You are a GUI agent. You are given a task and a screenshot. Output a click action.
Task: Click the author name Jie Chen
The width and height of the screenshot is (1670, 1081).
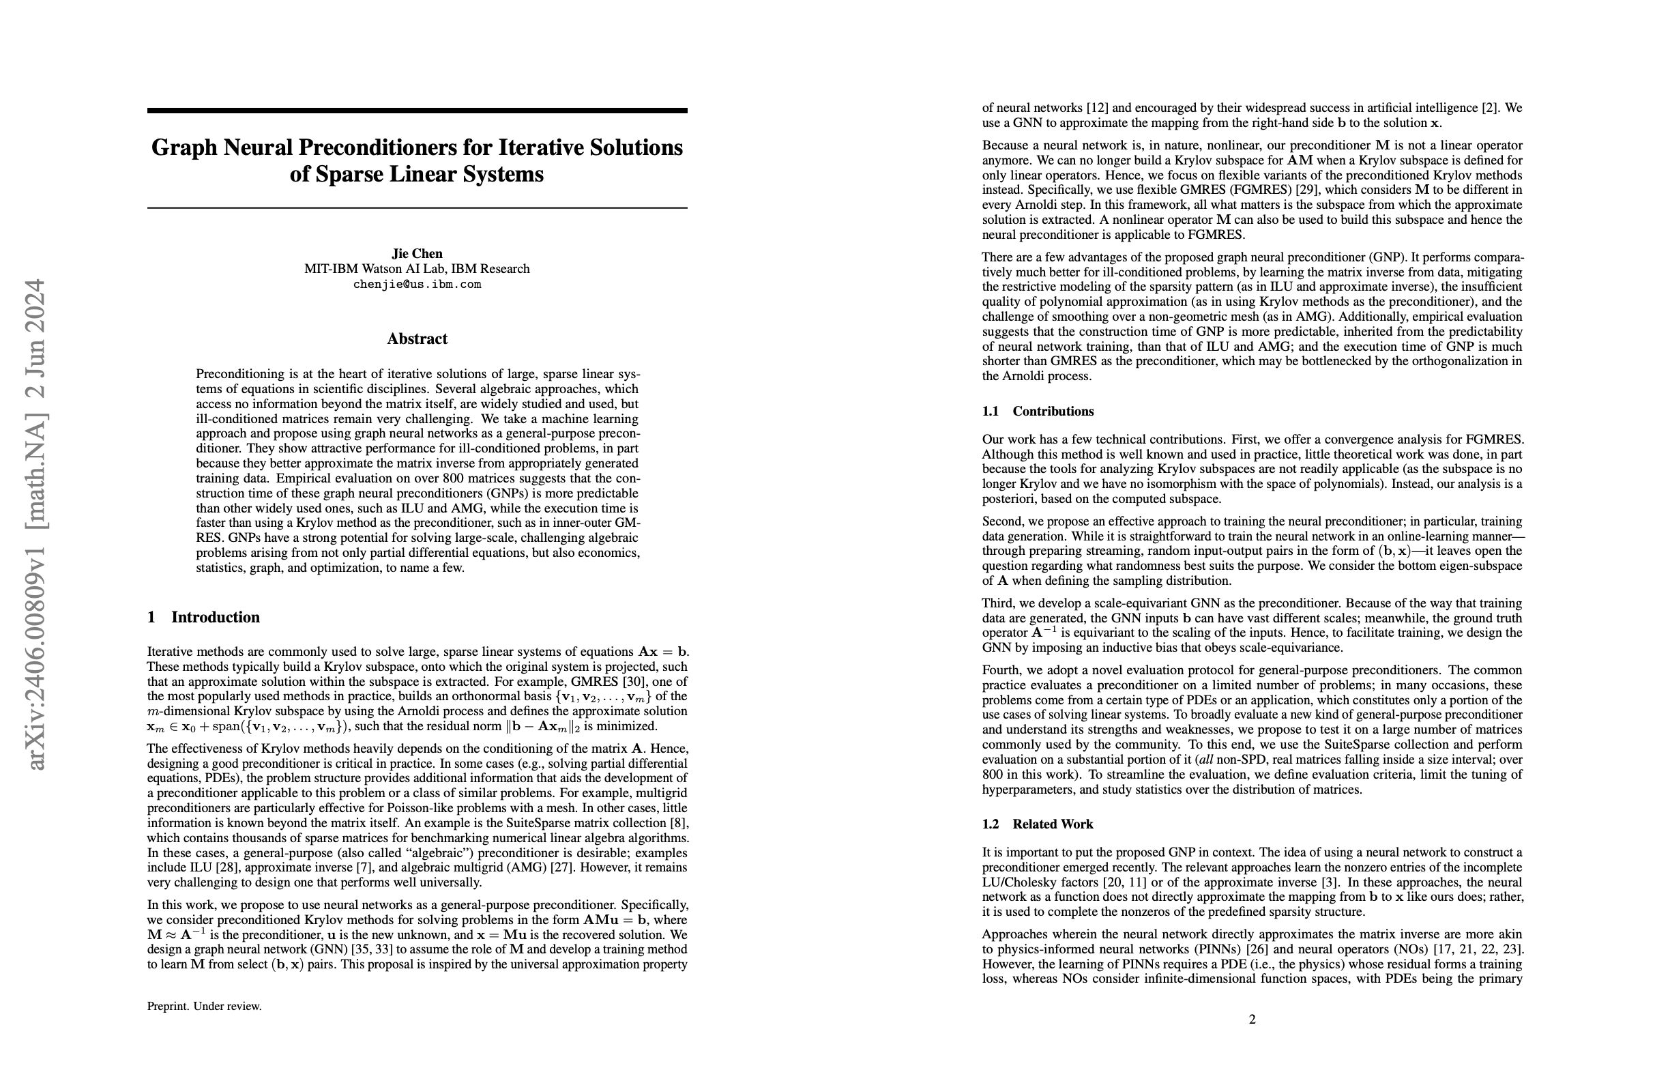[x=417, y=253]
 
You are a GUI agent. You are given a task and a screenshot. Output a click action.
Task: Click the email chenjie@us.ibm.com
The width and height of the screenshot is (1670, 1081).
[x=417, y=285]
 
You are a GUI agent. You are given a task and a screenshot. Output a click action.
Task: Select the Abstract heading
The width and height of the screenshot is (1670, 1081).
[x=417, y=339]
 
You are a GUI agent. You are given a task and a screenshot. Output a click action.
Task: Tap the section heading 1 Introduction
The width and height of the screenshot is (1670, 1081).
[x=203, y=617]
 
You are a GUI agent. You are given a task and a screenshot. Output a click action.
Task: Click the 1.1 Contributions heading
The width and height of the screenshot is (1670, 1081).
[x=1038, y=412]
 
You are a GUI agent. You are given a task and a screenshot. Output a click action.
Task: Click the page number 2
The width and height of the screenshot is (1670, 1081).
[x=1252, y=1019]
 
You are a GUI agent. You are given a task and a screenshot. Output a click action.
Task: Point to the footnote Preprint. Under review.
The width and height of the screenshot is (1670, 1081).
[x=204, y=1006]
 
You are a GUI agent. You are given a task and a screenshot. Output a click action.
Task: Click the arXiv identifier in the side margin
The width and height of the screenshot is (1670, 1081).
[x=36, y=523]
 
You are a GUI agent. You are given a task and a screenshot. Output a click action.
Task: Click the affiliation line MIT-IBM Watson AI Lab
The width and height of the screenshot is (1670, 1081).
[x=417, y=269]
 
